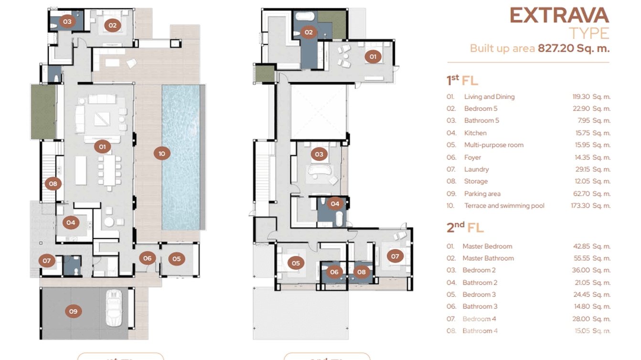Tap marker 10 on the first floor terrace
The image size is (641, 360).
pos(162,153)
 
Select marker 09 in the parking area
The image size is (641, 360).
pos(73,311)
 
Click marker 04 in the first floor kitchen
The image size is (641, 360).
pos(71,222)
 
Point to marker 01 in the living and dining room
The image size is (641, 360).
pos(102,147)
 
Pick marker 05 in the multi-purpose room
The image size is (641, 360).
pos(176,259)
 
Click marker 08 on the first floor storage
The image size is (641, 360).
pos(53,183)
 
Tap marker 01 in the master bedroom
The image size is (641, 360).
pos(373,57)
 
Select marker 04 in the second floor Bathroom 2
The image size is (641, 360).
pos(335,204)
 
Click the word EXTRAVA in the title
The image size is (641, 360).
pos(559,16)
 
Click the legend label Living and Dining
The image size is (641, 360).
pos(489,96)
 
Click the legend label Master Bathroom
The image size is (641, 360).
pos(488,258)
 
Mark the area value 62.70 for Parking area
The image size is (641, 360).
pos(582,194)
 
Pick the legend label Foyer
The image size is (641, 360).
pos(472,157)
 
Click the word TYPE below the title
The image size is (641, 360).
pos(589,33)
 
